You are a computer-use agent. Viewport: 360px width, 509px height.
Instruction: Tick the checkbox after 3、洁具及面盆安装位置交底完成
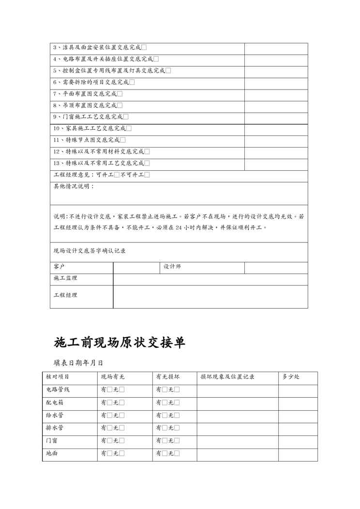click(x=144, y=47)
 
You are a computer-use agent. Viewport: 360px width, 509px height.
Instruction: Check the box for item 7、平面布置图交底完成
click(x=120, y=94)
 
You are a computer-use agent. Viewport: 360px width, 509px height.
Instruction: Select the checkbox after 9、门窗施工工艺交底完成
click(x=126, y=117)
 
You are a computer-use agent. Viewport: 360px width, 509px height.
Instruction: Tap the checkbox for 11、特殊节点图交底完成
click(x=122, y=140)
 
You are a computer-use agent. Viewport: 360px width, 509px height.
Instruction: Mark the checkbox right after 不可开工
click(x=147, y=175)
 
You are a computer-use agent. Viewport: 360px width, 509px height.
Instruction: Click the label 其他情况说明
click(x=74, y=186)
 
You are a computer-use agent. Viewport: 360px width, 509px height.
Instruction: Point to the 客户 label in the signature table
click(x=59, y=267)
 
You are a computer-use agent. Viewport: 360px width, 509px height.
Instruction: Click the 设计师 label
click(x=172, y=267)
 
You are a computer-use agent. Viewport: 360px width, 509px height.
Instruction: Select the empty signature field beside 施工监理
click(x=210, y=279)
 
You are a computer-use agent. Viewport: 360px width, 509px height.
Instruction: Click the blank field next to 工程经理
click(x=210, y=296)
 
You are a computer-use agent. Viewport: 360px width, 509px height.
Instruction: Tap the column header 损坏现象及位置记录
click(x=227, y=377)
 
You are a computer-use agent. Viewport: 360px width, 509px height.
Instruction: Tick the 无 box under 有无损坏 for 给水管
click(x=177, y=415)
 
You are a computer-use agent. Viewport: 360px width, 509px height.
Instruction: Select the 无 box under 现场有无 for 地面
click(x=121, y=453)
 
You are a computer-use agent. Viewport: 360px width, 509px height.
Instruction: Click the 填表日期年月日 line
click(x=78, y=361)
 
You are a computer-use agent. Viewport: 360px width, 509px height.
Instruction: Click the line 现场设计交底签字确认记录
click(x=90, y=251)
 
